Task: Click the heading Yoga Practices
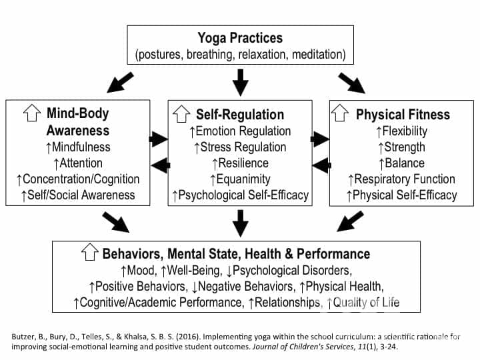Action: point(240,37)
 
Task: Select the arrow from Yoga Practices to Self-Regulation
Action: point(241,82)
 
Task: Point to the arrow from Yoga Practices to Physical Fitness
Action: point(352,82)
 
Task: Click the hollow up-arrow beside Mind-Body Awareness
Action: point(31,114)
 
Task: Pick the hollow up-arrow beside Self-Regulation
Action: point(181,114)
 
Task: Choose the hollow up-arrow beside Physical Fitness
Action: point(341,114)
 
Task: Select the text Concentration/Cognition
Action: point(81,179)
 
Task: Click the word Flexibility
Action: point(406,131)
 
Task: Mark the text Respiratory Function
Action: point(405,179)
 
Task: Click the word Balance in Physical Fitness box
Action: point(405,163)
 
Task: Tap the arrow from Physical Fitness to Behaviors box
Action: point(351,221)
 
